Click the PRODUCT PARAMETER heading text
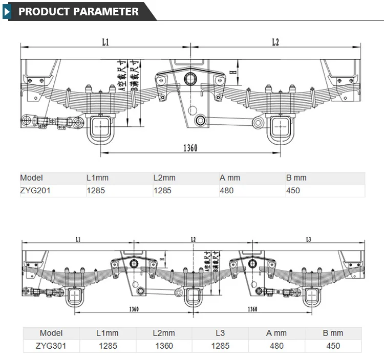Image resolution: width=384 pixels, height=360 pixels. pyautogui.click(x=78, y=11)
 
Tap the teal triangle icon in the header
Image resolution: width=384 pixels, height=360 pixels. pyautogui.click(x=7, y=11)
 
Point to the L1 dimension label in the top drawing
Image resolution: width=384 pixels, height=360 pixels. pyautogui.click(x=105, y=43)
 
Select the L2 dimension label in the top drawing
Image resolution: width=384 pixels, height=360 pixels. pyautogui.click(x=275, y=43)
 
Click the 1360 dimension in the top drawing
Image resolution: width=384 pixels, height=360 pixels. pyautogui.click(x=190, y=148)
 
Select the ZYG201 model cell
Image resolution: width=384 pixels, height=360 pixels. pyautogui.click(x=35, y=191)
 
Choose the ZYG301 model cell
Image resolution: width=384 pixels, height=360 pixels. pyautogui.click(x=51, y=346)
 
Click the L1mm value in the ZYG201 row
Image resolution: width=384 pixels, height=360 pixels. pyautogui.click(x=96, y=191)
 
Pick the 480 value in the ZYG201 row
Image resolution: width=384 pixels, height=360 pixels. pyautogui.click(x=226, y=191)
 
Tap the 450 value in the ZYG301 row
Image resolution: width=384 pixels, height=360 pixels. pyautogui.click(x=333, y=346)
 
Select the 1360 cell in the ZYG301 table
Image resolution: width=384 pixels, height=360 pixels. pyautogui.click(x=164, y=346)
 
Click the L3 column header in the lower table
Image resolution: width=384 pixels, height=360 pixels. pyautogui.click(x=220, y=333)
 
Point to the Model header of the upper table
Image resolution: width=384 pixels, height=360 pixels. pyautogui.click(x=32, y=178)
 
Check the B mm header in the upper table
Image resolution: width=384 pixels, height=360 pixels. pyautogui.click(x=296, y=178)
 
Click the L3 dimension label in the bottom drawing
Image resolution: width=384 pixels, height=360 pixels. pyautogui.click(x=308, y=239)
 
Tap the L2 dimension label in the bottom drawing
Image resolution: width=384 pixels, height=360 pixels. pyautogui.click(x=193, y=239)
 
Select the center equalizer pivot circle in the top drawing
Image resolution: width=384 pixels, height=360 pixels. pyautogui.click(x=190, y=78)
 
